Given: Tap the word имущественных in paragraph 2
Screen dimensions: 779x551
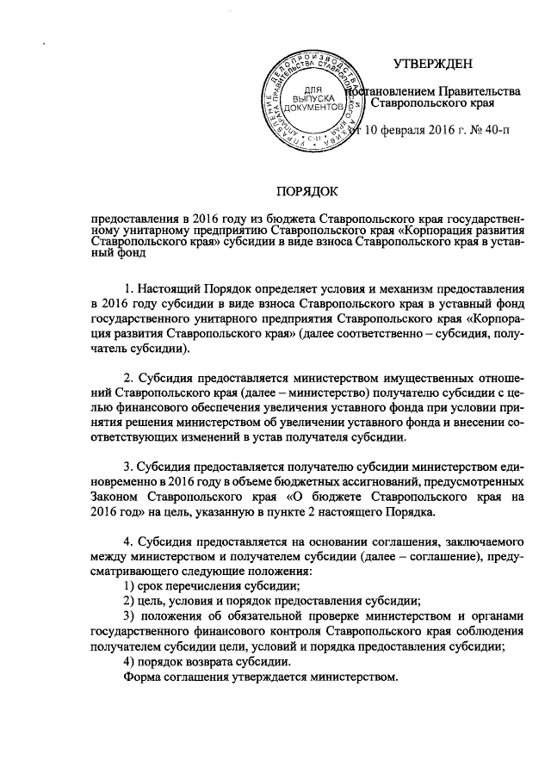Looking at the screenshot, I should coord(405,379).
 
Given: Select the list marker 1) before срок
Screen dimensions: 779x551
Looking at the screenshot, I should coord(131,586).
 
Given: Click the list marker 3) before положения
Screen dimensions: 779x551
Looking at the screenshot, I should coord(131,615).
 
